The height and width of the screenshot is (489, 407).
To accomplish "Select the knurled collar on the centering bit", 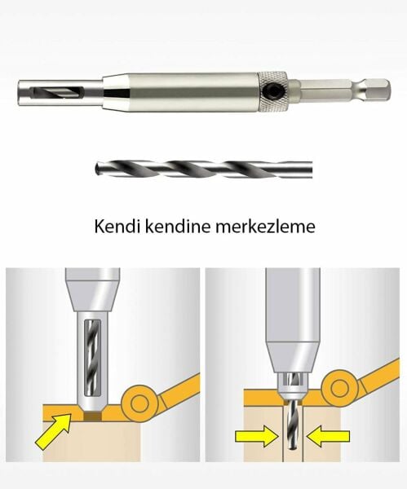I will pyautogui.click(x=270, y=85).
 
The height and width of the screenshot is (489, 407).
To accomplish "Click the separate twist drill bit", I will pyautogui.click(x=204, y=170).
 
